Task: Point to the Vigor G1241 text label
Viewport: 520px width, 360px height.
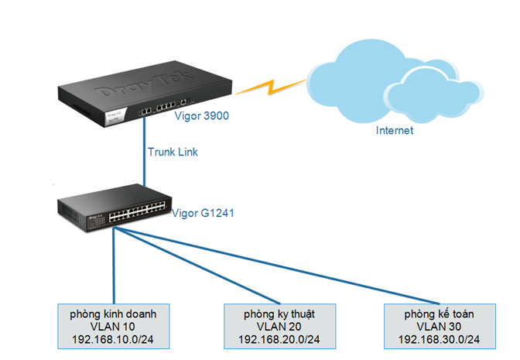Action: tap(204, 211)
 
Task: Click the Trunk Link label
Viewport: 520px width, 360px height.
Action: tap(173, 152)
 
